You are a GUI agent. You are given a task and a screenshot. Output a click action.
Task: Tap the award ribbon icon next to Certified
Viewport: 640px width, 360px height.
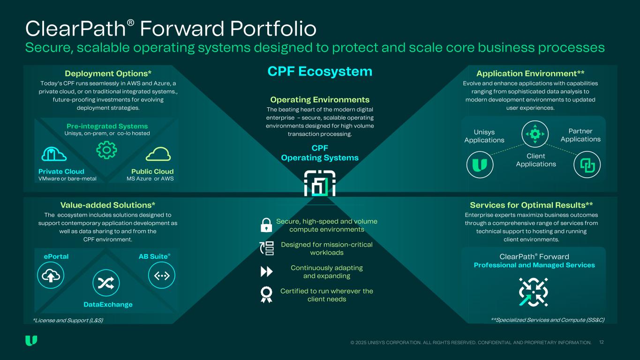(x=266, y=294)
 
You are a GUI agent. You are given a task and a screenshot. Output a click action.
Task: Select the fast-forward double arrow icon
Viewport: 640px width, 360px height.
(x=266, y=272)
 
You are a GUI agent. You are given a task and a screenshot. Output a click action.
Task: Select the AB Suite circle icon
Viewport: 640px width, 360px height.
(x=161, y=276)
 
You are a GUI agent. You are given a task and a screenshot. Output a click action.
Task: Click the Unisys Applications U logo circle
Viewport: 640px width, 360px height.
(x=480, y=165)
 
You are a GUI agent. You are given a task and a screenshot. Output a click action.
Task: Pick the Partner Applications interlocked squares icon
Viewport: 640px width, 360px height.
(x=587, y=165)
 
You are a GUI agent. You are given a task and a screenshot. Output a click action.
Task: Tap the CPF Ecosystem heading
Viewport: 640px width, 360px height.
(x=320, y=72)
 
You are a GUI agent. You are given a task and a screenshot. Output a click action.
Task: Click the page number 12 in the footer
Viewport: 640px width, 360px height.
(x=602, y=343)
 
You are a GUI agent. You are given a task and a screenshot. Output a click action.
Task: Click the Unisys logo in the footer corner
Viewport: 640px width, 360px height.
(x=31, y=341)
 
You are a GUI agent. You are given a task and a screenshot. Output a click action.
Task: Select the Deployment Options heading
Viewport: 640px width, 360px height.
(x=108, y=74)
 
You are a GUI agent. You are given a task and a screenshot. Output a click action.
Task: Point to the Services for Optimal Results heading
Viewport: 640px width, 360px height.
(x=531, y=205)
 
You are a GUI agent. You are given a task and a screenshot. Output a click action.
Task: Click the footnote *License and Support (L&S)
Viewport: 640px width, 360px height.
(x=68, y=320)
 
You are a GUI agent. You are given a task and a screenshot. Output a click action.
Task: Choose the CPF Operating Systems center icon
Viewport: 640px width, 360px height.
(x=320, y=183)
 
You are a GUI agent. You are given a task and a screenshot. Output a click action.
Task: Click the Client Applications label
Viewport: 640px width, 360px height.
(x=535, y=160)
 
